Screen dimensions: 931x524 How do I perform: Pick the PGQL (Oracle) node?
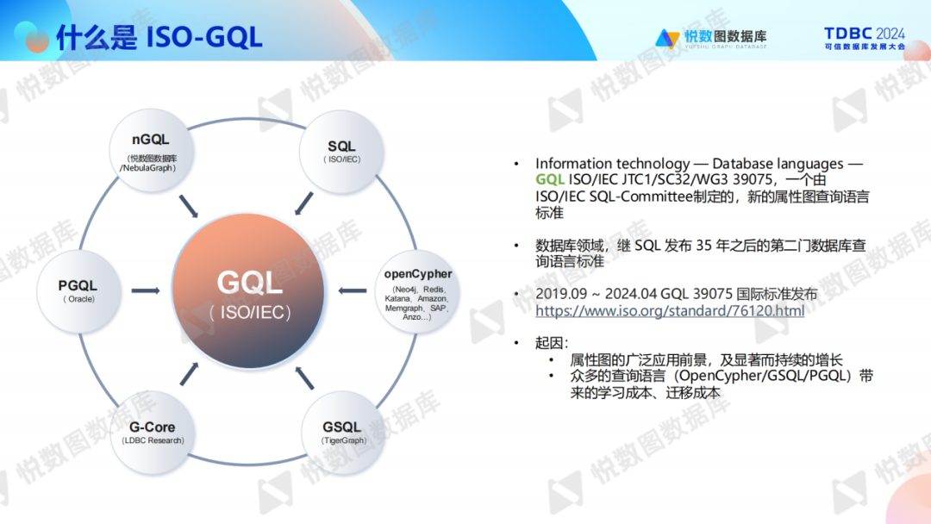(x=78, y=290)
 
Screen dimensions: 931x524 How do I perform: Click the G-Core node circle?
(x=153, y=431)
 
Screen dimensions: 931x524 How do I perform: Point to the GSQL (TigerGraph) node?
(x=342, y=431)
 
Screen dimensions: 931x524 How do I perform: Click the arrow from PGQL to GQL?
(x=145, y=290)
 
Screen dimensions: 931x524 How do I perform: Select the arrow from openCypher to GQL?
(x=353, y=290)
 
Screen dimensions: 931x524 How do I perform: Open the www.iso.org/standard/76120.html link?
(x=669, y=310)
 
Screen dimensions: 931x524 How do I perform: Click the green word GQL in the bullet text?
(x=550, y=179)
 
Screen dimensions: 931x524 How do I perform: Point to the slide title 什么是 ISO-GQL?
(x=159, y=36)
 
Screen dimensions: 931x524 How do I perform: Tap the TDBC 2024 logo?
(x=864, y=38)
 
